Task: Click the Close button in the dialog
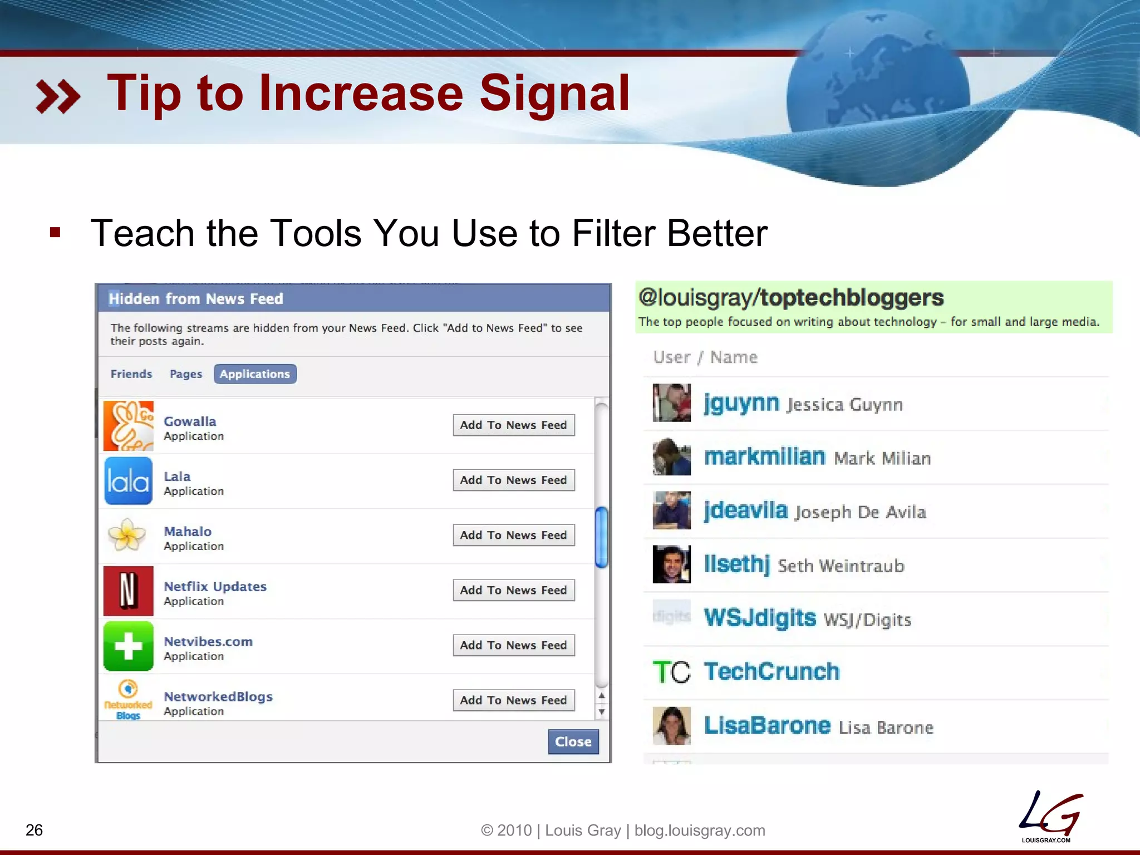pos(573,741)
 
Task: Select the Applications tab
pos(255,374)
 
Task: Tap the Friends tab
pos(131,374)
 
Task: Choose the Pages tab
pos(186,374)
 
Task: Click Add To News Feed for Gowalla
pos(513,425)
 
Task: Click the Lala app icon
pos(128,480)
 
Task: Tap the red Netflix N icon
pos(128,591)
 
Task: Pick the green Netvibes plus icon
pos(128,646)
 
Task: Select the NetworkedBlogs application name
pos(218,696)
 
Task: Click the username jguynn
pos(741,403)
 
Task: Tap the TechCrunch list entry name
pos(772,671)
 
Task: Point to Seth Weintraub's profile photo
pos(671,564)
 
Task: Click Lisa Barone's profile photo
pos(671,725)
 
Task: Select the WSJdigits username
pos(760,618)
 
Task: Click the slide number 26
pos(34,830)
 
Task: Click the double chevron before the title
pos(58,96)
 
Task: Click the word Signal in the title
pos(554,93)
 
